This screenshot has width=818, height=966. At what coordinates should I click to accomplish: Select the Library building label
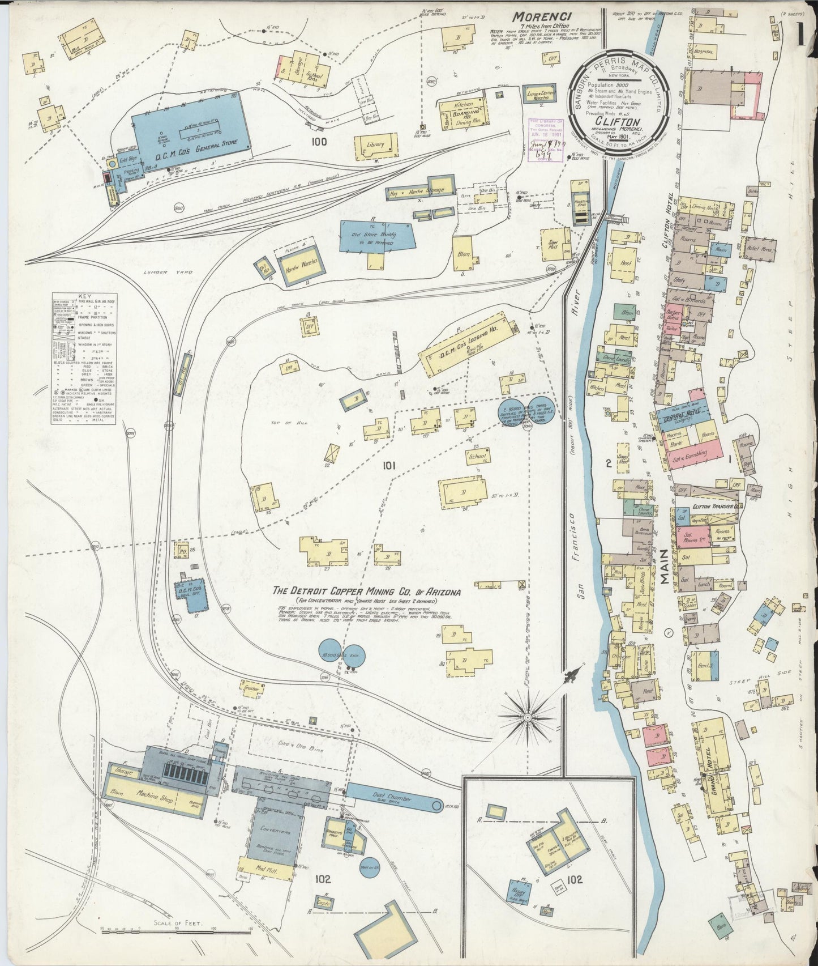[x=375, y=145]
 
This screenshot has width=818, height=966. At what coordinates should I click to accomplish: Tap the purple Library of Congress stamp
[x=546, y=140]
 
